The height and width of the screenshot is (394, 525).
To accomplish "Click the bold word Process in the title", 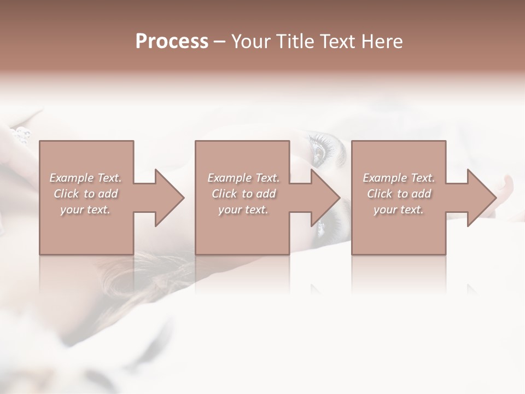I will click(172, 42).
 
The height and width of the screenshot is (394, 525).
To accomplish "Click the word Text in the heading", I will click(338, 42).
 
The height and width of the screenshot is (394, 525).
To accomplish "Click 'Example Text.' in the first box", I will click(86, 178).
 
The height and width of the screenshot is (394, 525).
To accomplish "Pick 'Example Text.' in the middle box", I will click(243, 178).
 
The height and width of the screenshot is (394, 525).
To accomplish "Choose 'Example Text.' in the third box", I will click(399, 178).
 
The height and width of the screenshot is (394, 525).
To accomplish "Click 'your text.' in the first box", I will click(85, 210).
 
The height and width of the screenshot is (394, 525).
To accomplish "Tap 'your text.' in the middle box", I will click(243, 210).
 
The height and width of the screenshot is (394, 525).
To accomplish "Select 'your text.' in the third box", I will click(399, 210).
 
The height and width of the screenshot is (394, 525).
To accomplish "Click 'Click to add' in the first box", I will click(86, 194).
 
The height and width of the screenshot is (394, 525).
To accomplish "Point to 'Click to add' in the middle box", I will click(243, 194).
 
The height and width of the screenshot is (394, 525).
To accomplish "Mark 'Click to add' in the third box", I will click(399, 194).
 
